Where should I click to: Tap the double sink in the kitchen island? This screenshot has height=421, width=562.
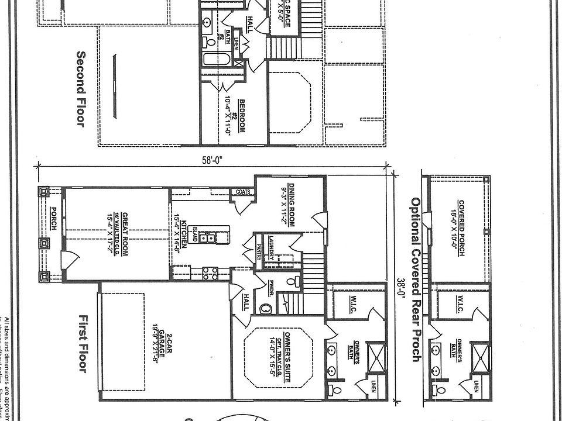[x=206, y=237]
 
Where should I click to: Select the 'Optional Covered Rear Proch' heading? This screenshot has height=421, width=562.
[x=416, y=279]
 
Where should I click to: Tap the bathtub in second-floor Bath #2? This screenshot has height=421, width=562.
[x=217, y=59]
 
